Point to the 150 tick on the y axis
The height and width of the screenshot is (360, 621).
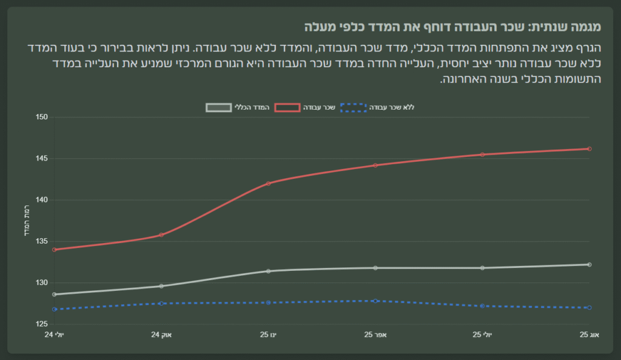click(42, 117)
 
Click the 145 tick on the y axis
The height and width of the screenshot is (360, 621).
click(42, 159)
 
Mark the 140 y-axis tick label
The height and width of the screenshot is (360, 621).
click(42, 200)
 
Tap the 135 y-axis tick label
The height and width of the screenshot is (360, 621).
click(42, 241)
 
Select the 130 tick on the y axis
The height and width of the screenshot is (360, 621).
click(42, 283)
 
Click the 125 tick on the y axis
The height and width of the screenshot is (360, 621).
click(42, 324)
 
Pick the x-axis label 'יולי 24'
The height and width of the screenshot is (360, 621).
click(55, 335)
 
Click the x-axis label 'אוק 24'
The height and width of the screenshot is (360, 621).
click(161, 335)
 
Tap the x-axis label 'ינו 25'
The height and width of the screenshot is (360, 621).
click(269, 335)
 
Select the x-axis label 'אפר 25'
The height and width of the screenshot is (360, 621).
click(375, 335)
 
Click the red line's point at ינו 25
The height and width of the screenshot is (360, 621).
click(269, 183)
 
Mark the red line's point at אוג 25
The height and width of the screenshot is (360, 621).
click(589, 148)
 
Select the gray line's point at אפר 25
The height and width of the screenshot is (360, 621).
click(375, 268)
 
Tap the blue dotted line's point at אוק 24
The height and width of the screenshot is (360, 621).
click(161, 304)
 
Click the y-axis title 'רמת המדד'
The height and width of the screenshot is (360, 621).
click(26, 221)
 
